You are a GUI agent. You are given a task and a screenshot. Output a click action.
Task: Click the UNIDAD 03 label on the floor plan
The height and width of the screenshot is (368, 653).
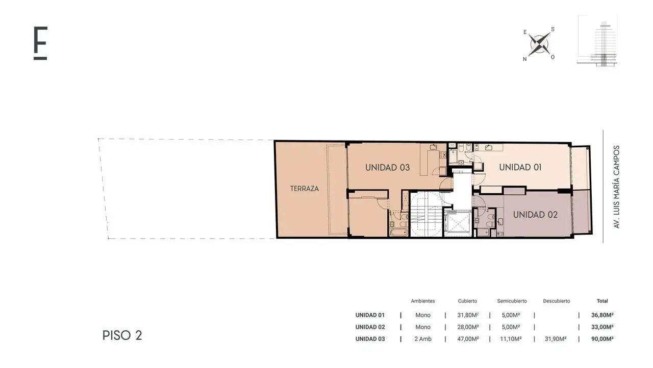[x=387, y=168]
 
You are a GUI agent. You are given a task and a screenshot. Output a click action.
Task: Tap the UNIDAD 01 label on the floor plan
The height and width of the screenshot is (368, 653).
[x=520, y=167]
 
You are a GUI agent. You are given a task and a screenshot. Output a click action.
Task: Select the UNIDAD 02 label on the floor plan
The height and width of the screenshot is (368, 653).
[x=535, y=215]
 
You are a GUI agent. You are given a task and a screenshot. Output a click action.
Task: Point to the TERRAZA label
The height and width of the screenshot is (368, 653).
[x=305, y=189]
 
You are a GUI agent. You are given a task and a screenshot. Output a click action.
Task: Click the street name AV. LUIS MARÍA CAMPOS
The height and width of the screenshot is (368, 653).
[x=616, y=187]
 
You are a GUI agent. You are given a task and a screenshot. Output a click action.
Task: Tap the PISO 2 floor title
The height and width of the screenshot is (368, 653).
[x=122, y=335]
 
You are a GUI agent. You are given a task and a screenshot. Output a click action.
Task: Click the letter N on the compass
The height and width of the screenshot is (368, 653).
[x=525, y=59]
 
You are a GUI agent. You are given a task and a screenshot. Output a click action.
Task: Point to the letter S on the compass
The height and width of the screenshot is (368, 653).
[x=552, y=29]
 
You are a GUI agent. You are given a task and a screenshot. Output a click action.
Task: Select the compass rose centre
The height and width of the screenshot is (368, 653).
[x=539, y=44]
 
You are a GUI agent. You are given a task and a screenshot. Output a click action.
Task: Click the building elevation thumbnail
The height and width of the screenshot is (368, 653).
[x=597, y=41]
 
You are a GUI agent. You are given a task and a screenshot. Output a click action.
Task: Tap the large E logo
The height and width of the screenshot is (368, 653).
[x=40, y=43]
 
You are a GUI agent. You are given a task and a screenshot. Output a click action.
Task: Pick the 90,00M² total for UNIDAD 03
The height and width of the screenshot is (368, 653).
[x=602, y=339]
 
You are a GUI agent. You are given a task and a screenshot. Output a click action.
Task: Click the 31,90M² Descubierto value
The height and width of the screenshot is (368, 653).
[x=556, y=339]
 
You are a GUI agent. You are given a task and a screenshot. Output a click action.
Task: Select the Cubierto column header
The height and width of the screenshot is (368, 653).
[x=467, y=301]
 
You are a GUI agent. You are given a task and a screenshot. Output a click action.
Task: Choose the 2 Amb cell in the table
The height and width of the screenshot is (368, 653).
[x=423, y=339]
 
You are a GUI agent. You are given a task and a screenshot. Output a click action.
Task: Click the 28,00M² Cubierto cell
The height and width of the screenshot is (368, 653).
[x=468, y=327]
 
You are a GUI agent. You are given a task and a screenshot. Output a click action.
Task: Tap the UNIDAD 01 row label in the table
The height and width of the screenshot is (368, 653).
[x=370, y=315]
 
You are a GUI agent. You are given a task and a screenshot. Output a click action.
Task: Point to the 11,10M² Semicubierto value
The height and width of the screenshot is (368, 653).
[x=511, y=339]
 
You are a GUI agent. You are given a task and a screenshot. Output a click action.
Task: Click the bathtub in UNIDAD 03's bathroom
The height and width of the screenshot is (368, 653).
[x=399, y=233]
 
